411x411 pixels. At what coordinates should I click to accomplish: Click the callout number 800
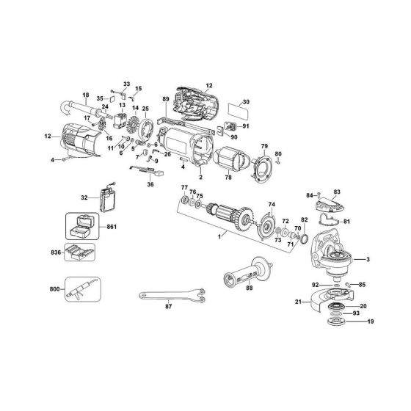click(51, 289)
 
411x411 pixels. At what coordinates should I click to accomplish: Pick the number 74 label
click(271, 204)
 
